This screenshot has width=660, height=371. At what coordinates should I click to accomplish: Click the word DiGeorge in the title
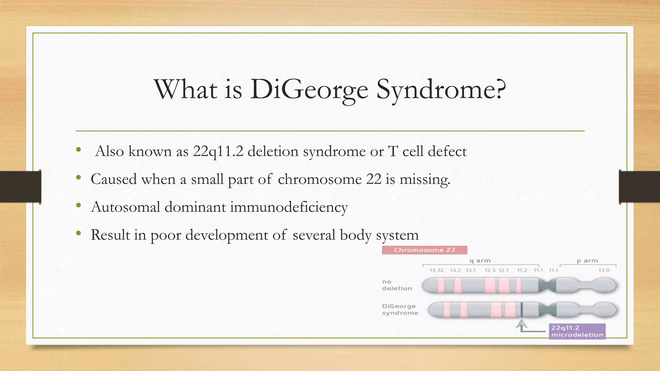click(309, 90)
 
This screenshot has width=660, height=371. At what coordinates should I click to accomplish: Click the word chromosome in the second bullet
click(319, 179)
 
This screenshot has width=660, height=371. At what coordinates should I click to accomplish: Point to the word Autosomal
click(125, 207)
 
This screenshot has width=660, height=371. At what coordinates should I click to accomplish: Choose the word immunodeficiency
click(289, 207)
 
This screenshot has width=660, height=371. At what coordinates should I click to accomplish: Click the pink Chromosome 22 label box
click(424, 250)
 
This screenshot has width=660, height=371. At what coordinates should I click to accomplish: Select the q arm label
click(480, 261)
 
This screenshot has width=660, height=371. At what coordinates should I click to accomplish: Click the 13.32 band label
click(436, 270)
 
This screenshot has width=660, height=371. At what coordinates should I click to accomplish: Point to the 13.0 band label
click(604, 270)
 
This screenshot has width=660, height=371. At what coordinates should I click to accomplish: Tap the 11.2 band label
click(522, 270)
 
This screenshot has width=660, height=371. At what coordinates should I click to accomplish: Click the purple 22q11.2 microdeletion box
click(577, 331)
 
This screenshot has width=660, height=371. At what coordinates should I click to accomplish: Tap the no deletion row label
click(397, 285)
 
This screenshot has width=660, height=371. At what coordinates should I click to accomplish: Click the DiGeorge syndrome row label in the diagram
click(400, 309)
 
